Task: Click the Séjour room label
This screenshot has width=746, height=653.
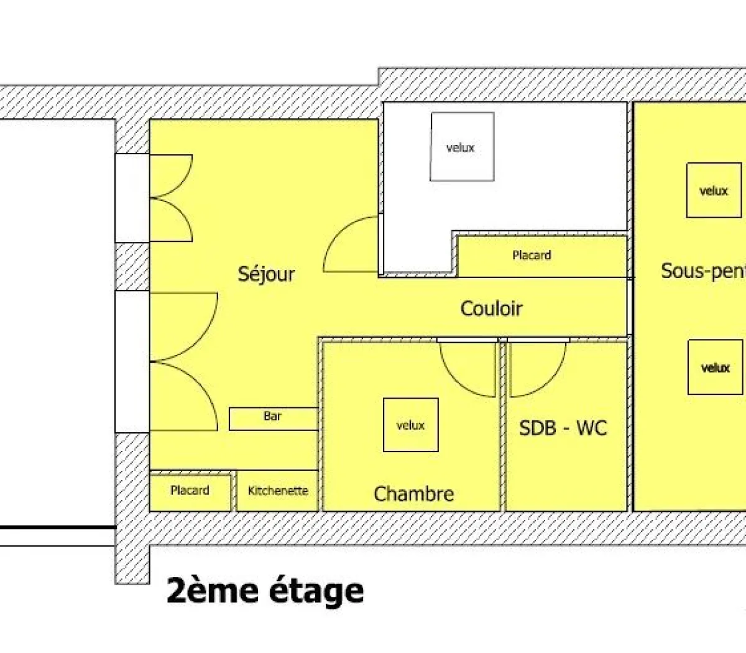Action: [x=266, y=274]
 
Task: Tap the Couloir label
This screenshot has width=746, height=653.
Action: [x=491, y=308]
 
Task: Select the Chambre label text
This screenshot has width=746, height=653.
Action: [x=413, y=494]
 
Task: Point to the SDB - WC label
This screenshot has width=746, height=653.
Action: [x=563, y=428]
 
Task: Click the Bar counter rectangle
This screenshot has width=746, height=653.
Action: [x=274, y=419]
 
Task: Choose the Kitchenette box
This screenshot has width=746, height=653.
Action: [x=278, y=491]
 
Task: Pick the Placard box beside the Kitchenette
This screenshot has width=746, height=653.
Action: [x=190, y=491]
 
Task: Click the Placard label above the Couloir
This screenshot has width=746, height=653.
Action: [x=532, y=255]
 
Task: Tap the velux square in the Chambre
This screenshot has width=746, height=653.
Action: [x=410, y=425]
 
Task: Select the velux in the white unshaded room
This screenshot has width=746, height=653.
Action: [x=462, y=147]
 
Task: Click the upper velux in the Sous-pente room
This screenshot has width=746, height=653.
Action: [x=714, y=190]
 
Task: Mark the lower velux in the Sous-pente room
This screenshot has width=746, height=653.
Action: [x=715, y=367]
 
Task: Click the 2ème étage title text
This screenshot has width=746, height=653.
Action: [x=265, y=591]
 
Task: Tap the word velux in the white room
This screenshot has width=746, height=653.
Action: [x=461, y=148]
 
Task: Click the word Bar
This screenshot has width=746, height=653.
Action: [x=272, y=416]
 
